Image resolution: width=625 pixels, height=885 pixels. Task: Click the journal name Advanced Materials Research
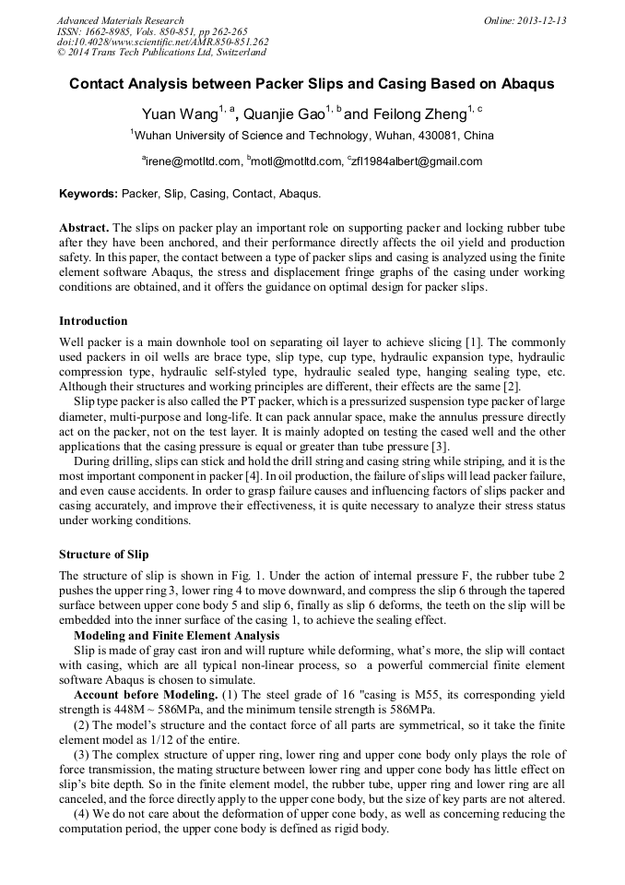[x=120, y=20]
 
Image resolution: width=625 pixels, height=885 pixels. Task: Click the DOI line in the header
[x=162, y=42]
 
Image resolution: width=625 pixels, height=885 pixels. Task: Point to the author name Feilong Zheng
[x=418, y=114]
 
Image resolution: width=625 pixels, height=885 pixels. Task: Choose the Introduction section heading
[x=93, y=321]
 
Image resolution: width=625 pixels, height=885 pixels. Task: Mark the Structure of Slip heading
[x=103, y=555]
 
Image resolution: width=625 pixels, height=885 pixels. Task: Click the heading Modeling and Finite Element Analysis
[x=176, y=636]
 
